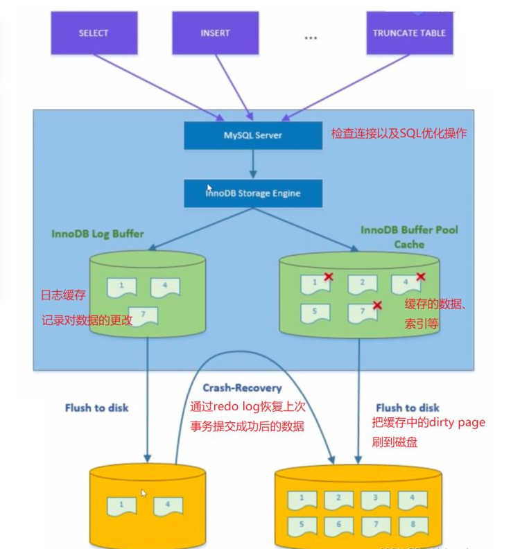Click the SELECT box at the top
pos(94,33)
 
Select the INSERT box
pos(215,33)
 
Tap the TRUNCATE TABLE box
pos(409,33)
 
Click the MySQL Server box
pos(253,134)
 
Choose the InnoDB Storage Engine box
pos(253,193)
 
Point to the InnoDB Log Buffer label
pos(98,234)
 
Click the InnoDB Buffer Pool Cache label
pos(409,237)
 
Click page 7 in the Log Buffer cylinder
pos(143,315)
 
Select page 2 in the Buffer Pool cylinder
pos(362,283)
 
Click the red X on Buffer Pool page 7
pos(377,305)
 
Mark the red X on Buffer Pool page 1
pos(329,277)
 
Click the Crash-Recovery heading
pos(242,388)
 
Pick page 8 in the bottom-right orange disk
pos(412,525)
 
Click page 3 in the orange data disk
pos(375,498)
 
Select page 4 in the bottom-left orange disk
pos(167,505)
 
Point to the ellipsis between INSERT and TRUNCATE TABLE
pos(310,37)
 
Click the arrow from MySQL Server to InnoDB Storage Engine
pos(253,164)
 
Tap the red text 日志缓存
pos(63,295)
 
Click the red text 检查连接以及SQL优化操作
pos(399,132)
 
